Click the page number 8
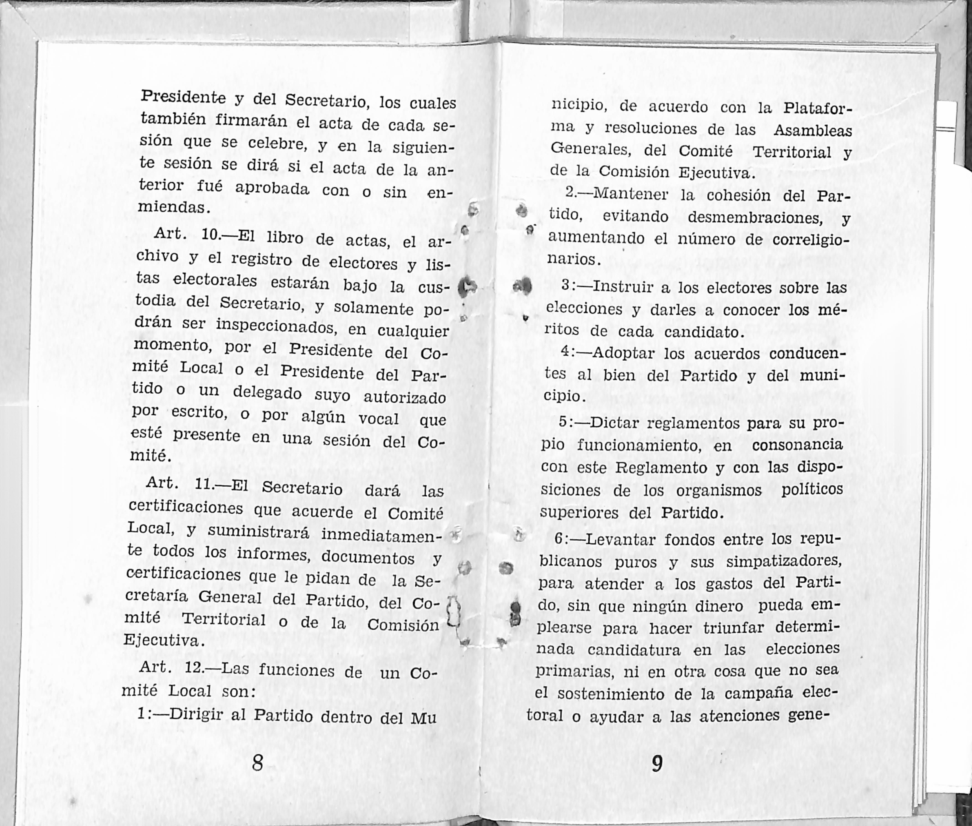click(257, 762)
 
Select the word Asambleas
click(812, 131)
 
